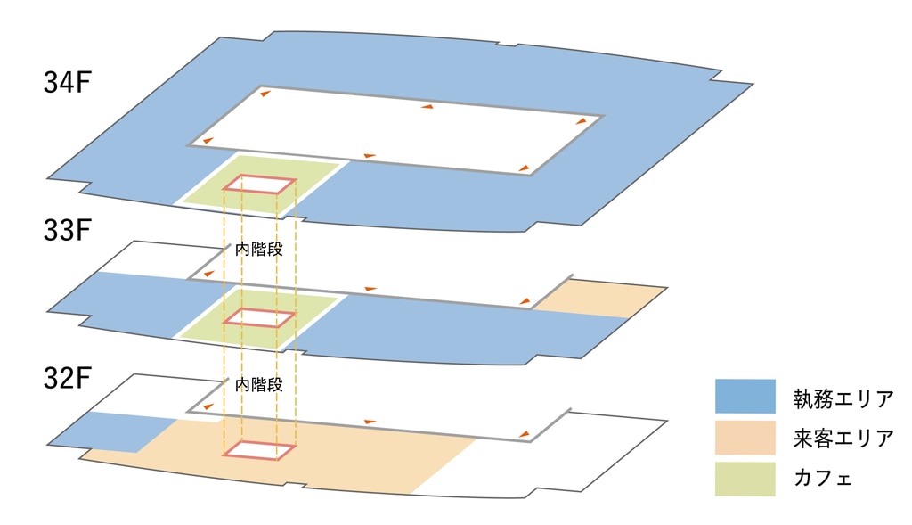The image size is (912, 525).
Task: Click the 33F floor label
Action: tap(68, 231)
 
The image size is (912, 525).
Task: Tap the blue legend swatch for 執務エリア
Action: tap(745, 397)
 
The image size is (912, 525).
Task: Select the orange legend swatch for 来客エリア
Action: tap(745, 438)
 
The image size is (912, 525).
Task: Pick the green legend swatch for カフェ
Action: tap(745, 479)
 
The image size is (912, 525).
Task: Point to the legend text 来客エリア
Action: tap(843, 439)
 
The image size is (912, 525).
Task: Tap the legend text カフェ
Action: tap(823, 480)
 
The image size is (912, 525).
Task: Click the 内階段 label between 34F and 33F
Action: tap(258, 250)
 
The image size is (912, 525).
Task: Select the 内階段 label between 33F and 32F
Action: tap(258, 385)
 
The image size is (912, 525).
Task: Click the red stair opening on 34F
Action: tap(258, 185)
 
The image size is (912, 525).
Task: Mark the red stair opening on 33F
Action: tap(258, 317)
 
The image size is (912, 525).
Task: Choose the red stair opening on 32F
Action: tap(258, 450)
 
